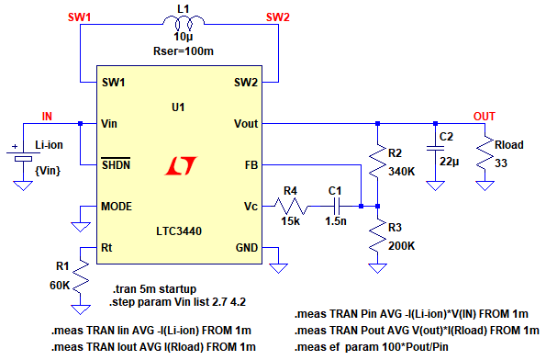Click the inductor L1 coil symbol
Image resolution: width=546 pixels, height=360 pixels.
click(x=184, y=23)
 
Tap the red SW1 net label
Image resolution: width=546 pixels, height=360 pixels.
click(x=80, y=17)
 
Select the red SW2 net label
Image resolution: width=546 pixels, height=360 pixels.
click(x=278, y=17)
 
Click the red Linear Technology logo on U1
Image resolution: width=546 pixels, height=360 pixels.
click(x=181, y=165)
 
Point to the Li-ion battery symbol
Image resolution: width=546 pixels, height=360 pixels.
click(x=23, y=156)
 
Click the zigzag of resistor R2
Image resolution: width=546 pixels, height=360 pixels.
click(x=378, y=161)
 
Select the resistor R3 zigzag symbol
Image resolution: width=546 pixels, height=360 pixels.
click(x=378, y=235)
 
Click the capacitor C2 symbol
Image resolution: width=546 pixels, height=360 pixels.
click(x=435, y=149)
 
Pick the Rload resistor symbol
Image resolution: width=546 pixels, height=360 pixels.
click(x=485, y=153)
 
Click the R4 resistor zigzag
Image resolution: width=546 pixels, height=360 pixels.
click(x=291, y=207)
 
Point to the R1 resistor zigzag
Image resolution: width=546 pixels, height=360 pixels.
click(x=81, y=276)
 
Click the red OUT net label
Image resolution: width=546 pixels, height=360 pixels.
click(x=484, y=117)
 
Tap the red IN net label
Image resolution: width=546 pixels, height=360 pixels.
click(x=47, y=117)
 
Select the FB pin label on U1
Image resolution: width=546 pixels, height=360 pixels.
click(x=251, y=164)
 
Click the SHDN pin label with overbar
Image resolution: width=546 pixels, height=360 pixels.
click(x=116, y=163)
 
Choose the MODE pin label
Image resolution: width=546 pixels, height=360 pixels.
click(x=117, y=207)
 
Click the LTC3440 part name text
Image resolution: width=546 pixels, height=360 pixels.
click(x=179, y=231)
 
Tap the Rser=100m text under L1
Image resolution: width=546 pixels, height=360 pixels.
click(x=184, y=51)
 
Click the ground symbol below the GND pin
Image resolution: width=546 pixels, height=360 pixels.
click(x=279, y=268)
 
